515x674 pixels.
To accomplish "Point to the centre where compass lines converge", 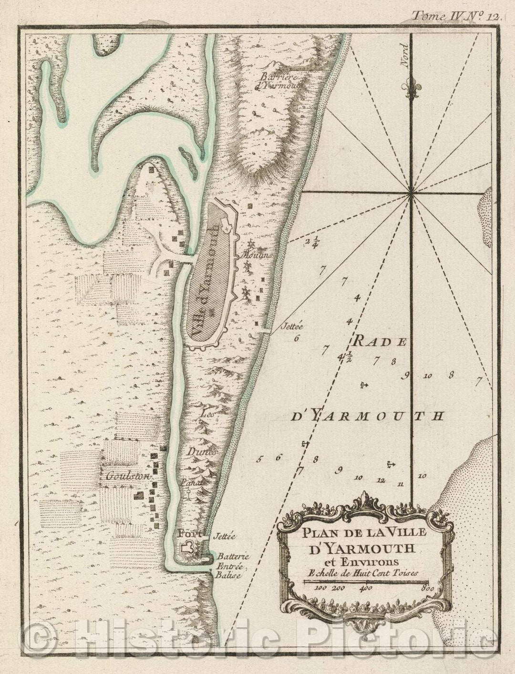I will pos(411,192).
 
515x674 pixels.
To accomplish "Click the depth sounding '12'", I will pos(380,480).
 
